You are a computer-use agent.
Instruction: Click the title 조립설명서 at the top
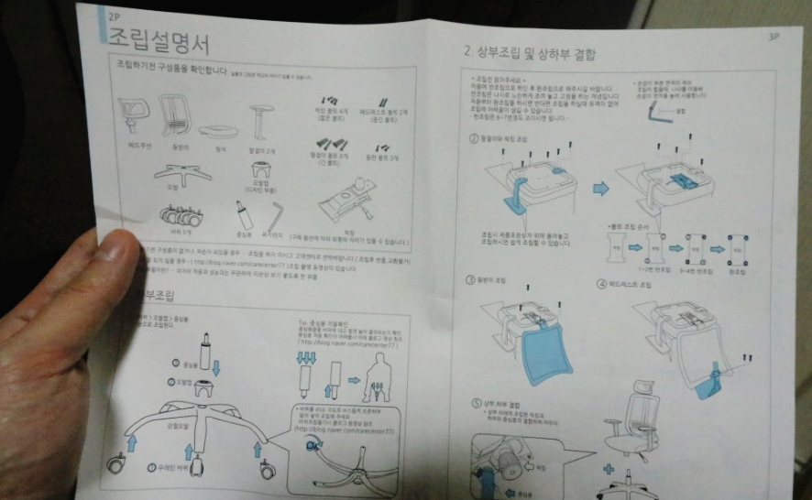pos(158,42)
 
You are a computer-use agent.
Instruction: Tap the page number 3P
pos(773,38)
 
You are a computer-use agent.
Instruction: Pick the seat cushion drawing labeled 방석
pos(220,131)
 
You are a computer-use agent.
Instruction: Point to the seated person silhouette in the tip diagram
pos(376,374)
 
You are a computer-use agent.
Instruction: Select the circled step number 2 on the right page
pos(473,138)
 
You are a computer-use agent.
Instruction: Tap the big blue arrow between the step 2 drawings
pos(600,188)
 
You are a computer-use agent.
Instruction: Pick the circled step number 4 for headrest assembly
pos(602,285)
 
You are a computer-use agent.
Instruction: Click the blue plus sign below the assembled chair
pos(609,470)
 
